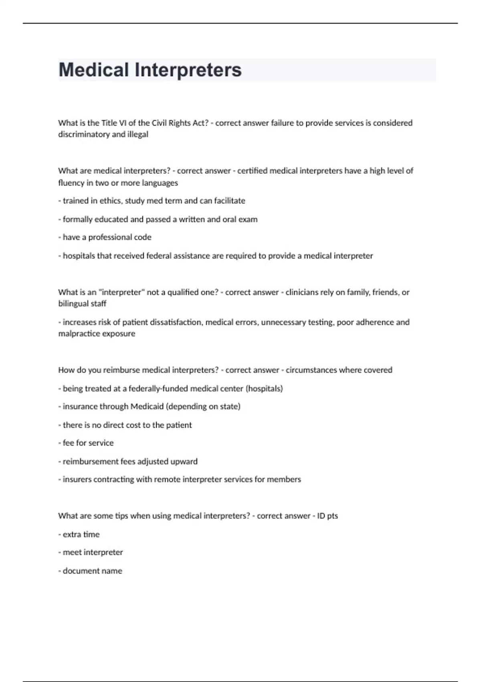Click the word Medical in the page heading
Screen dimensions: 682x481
[x=93, y=70]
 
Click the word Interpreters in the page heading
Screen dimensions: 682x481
[x=188, y=70]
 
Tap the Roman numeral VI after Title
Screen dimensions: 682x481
[x=123, y=123]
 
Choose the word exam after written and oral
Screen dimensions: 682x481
[x=249, y=219]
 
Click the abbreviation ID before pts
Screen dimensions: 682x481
[x=321, y=516]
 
